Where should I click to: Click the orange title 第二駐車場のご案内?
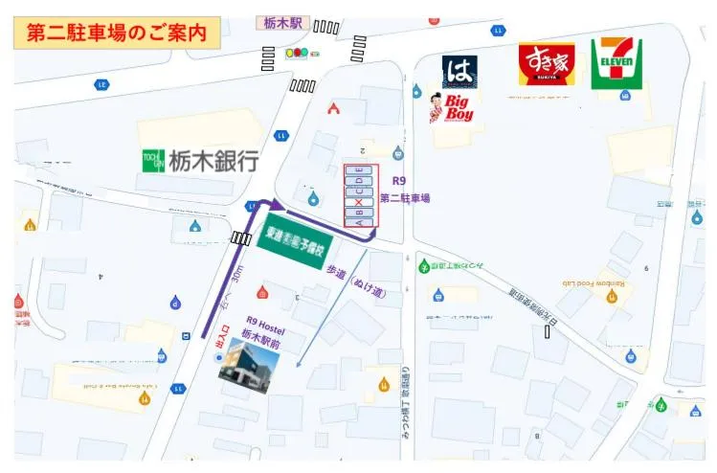pyautogui.click(x=117, y=32)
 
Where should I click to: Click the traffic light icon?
pyautogui.click(x=300, y=53)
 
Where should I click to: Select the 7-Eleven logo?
pyautogui.click(x=616, y=63)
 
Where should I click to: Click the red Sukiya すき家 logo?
pyautogui.click(x=547, y=63)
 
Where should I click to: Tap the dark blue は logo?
pyautogui.click(x=459, y=71)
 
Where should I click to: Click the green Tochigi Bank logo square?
pyautogui.click(x=153, y=161)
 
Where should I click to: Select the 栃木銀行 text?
pyautogui.click(x=214, y=161)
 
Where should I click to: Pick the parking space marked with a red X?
pyautogui.click(x=360, y=202)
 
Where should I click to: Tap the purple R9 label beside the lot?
pyautogui.click(x=399, y=181)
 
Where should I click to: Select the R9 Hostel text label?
pyautogui.click(x=266, y=322)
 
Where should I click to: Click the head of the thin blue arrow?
pyautogui.click(x=298, y=365)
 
